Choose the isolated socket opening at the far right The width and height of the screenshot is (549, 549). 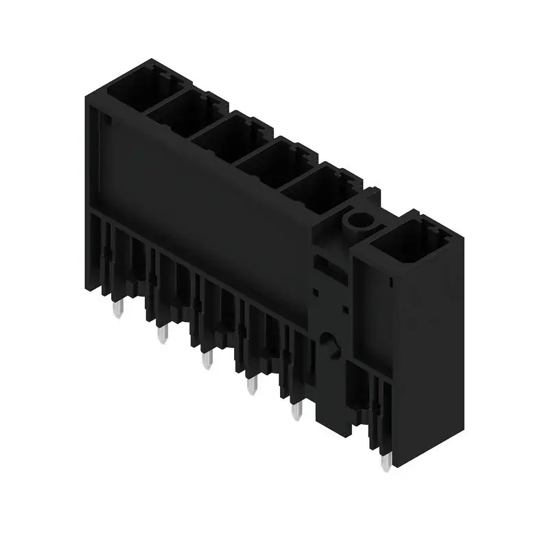tap(410, 242)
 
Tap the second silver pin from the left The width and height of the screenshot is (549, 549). tap(162, 336)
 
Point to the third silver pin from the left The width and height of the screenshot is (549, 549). tap(207, 360)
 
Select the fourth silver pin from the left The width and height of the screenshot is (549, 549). tap(252, 386)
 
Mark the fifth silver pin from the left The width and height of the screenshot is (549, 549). tap(296, 410)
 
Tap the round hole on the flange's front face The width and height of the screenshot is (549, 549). tap(328, 342)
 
